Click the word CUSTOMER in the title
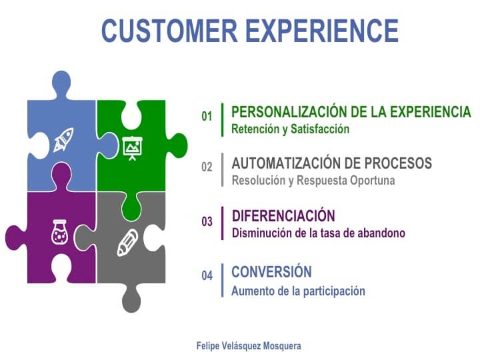[x=169, y=30]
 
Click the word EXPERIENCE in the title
[x=322, y=30]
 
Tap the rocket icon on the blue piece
[x=64, y=140]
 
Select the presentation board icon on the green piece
[x=132, y=148]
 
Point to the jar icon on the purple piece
[x=59, y=232]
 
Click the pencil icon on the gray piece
[x=127, y=243]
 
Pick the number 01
[x=207, y=116]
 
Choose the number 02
[x=207, y=167]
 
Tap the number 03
[x=207, y=221]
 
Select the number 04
[x=207, y=275]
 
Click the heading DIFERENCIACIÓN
[x=283, y=216]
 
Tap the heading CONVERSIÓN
[x=271, y=272]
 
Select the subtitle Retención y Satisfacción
[x=290, y=129]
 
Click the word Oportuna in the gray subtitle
[x=373, y=180]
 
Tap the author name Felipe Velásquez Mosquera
[x=249, y=346]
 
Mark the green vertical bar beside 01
[x=223, y=120]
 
